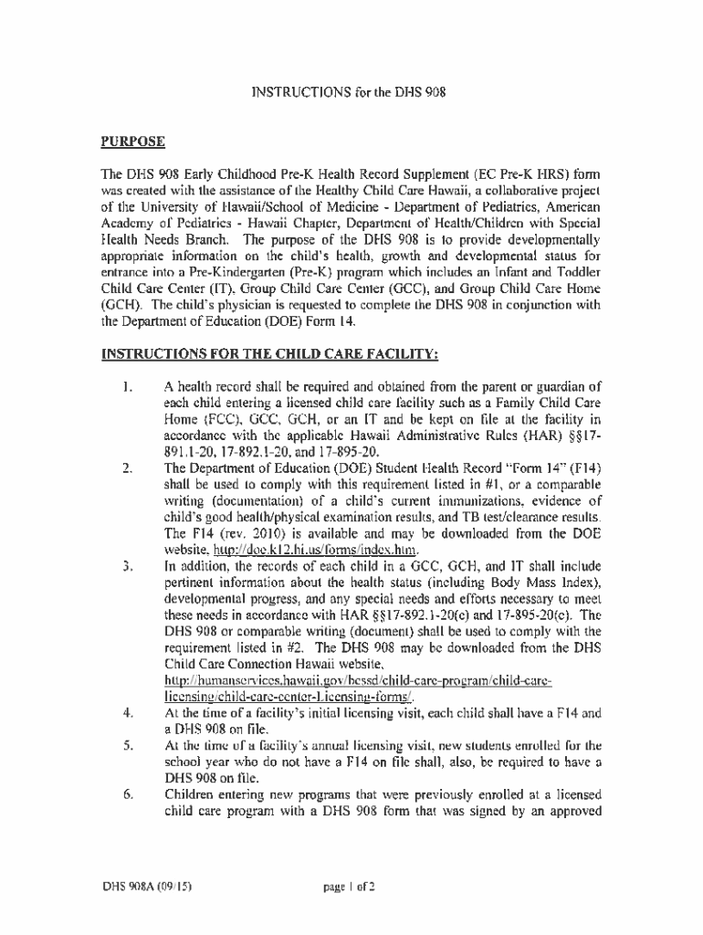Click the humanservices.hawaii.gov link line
click(358, 682)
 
